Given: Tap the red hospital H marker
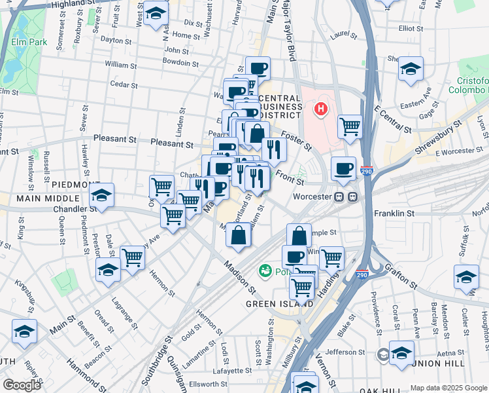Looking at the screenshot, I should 322,108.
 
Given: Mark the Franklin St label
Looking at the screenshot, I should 394,214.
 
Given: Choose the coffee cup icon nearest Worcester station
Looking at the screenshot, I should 343,169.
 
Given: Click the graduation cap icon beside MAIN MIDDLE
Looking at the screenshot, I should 101,195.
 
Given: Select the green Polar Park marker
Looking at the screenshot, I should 265,270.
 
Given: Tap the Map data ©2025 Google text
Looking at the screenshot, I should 448,387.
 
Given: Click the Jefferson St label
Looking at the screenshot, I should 341,352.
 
